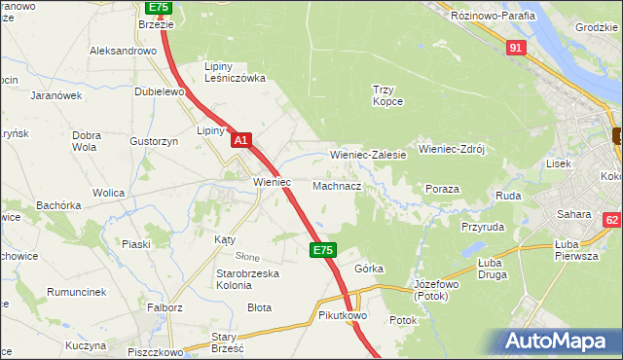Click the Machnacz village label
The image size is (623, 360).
click(x=337, y=185)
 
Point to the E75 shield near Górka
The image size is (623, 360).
click(x=323, y=250)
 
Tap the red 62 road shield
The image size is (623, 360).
click(x=611, y=221)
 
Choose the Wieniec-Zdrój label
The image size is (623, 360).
click(x=451, y=150)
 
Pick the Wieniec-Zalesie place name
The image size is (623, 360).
click(x=368, y=155)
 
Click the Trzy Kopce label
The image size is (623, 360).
click(x=388, y=95)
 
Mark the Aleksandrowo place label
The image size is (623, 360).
click(x=123, y=51)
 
